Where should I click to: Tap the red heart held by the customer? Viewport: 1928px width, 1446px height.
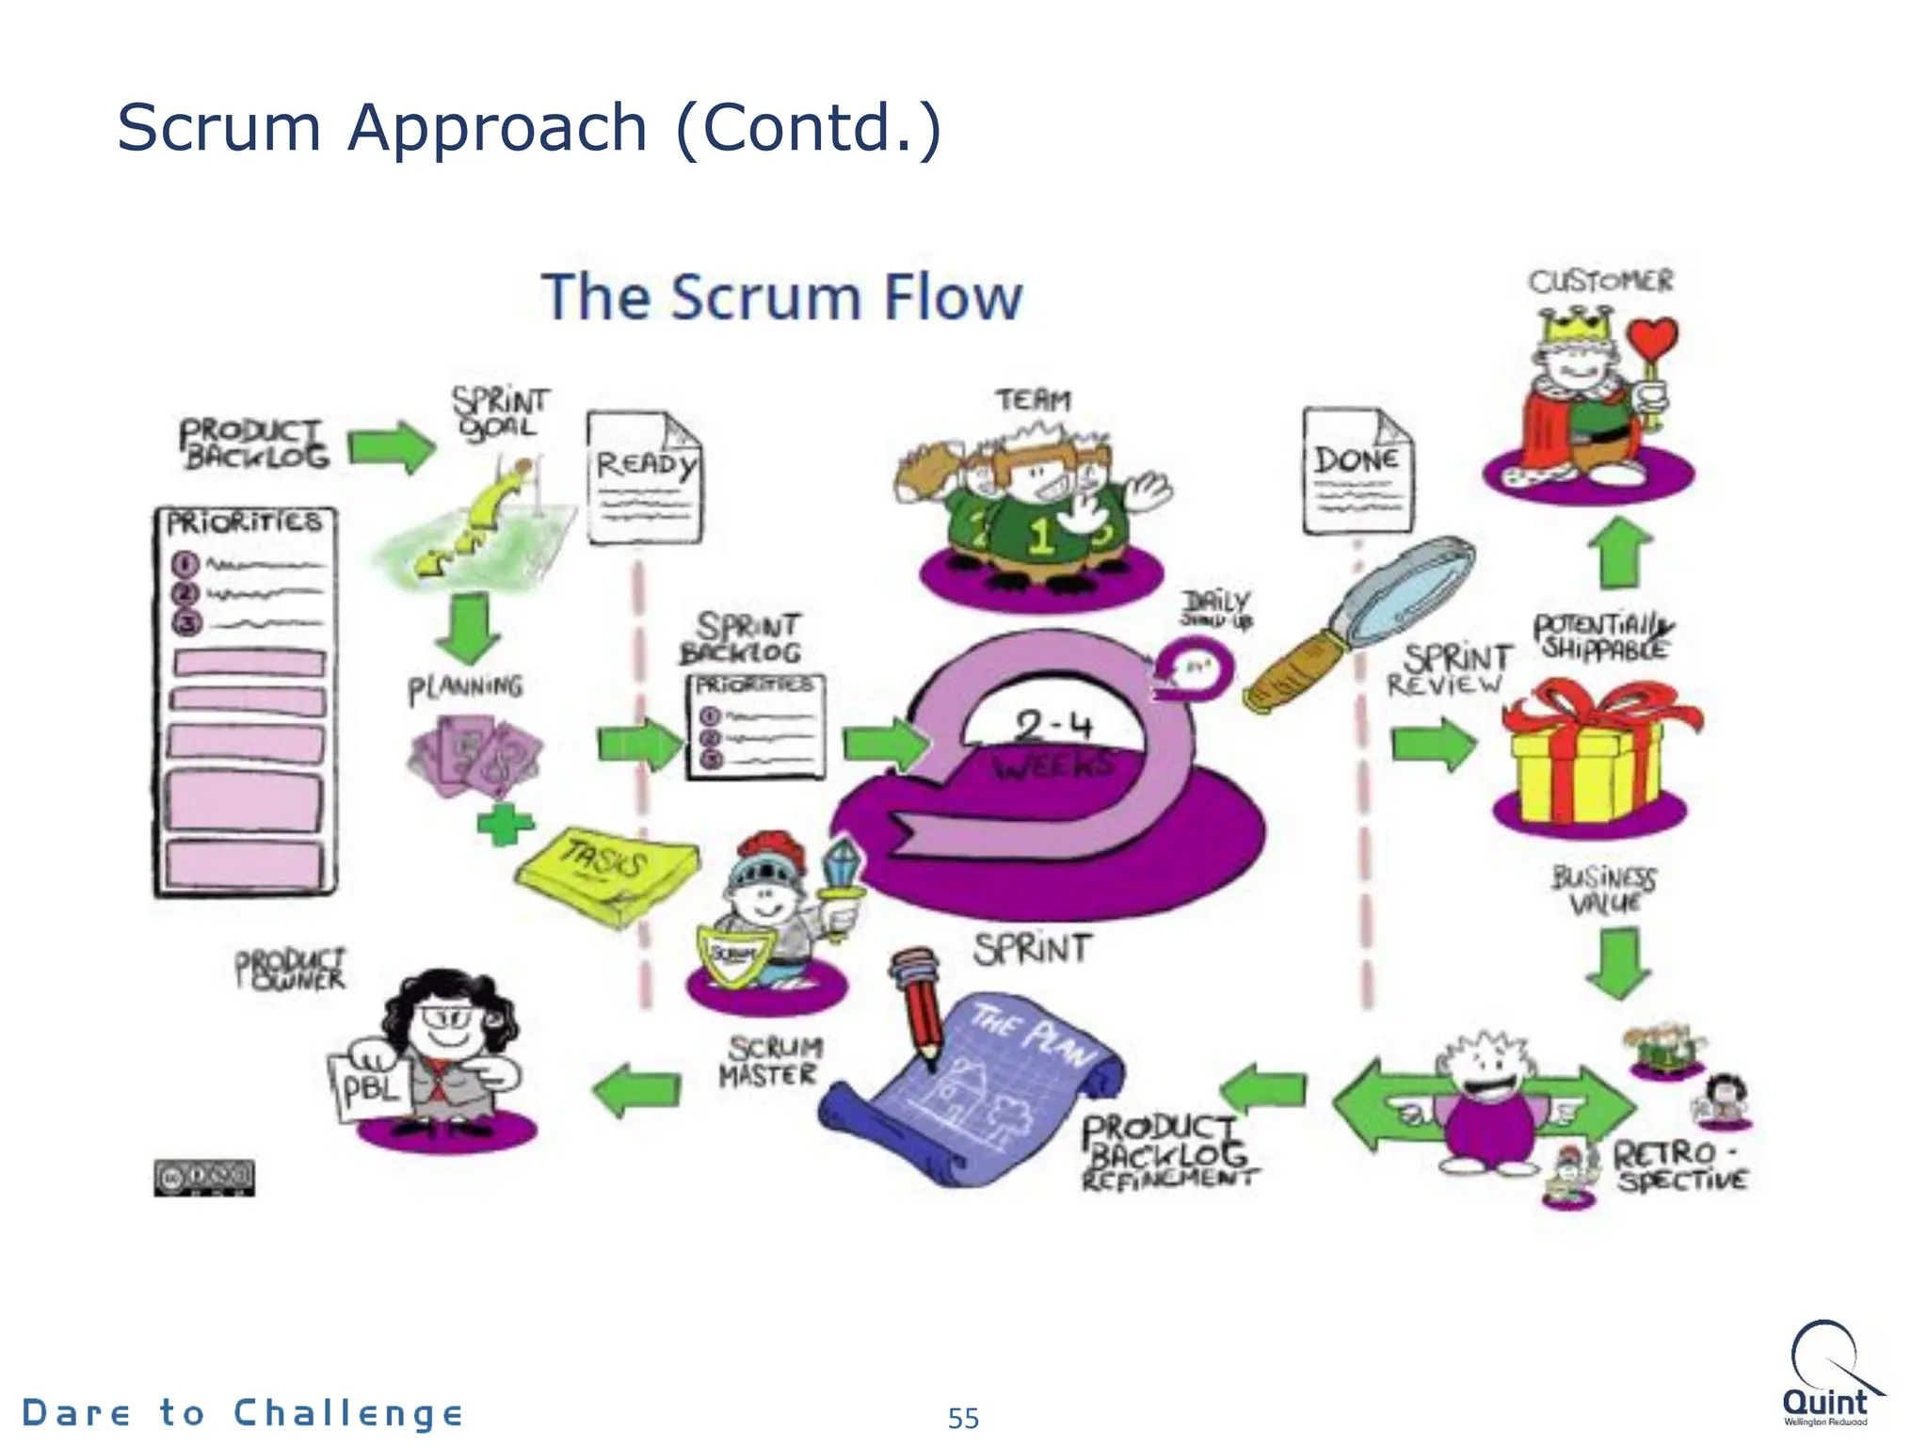[x=1653, y=338]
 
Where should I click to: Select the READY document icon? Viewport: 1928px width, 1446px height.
[x=645, y=477]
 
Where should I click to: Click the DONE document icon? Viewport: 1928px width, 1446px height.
[x=1358, y=470]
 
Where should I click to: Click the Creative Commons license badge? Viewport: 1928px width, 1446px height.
[x=204, y=1178]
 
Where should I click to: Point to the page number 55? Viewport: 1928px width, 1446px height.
[x=963, y=1418]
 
